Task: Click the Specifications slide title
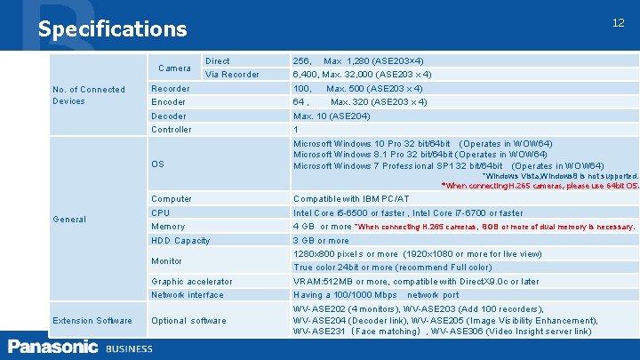112,28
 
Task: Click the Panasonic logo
52,347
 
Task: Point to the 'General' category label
68,219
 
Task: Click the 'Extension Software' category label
92,320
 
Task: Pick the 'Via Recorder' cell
232,75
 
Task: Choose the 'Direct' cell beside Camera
217,61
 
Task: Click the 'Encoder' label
169,102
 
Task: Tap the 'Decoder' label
169,116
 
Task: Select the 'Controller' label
172,130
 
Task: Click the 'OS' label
157,164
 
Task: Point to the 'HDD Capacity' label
180,241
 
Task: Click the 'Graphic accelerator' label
191,282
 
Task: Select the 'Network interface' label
187,295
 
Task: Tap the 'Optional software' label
188,321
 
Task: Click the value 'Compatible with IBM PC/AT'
351,198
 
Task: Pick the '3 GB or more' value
321,241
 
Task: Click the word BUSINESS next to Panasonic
129,348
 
